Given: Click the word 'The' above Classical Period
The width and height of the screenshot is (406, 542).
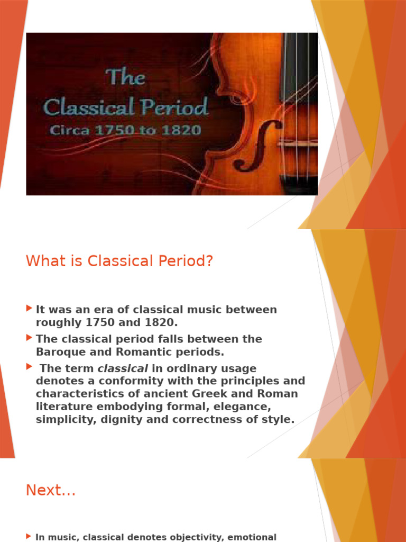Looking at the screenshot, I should tap(125, 78).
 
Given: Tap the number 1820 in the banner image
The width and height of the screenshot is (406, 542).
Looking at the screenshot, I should tap(182, 129).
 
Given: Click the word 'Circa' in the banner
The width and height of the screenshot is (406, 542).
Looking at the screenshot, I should tap(67, 130).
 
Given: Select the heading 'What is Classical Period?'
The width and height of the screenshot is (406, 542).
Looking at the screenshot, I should tap(119, 261).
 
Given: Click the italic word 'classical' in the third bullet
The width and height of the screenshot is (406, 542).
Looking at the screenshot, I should tap(123, 368).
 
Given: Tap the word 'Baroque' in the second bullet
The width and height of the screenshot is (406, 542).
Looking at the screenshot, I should tap(58, 351).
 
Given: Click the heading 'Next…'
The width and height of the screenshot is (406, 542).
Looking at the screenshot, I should tap(51, 491).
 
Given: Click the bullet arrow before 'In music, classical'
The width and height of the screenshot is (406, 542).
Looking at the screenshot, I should tap(29, 536).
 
